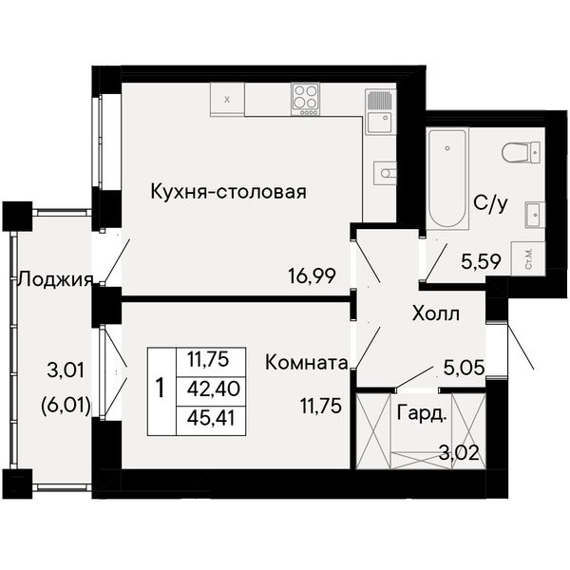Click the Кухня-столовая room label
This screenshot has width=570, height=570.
coord(229,192)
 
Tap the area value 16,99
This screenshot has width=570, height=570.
coord(312,275)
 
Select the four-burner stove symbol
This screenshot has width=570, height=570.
coord(305,99)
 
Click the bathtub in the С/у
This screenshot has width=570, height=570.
coord(447,179)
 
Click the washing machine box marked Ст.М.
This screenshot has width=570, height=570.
coord(528,258)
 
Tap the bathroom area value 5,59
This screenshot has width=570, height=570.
coord(481,261)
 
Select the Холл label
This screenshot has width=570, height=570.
coord(436,313)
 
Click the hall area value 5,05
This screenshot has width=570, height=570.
coord(465,368)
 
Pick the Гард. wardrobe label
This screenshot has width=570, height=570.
coord(421,413)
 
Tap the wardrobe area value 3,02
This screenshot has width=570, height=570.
coord(459,453)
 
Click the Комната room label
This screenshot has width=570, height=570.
coord(307,363)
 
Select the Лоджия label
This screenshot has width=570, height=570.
coord(56,280)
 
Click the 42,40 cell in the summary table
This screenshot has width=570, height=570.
coord(214,389)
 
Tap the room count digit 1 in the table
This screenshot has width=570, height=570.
coord(161,388)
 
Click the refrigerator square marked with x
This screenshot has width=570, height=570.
coord(227,99)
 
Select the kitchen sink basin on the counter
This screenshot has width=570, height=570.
coord(379,123)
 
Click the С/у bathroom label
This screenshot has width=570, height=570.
coord(490,203)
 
